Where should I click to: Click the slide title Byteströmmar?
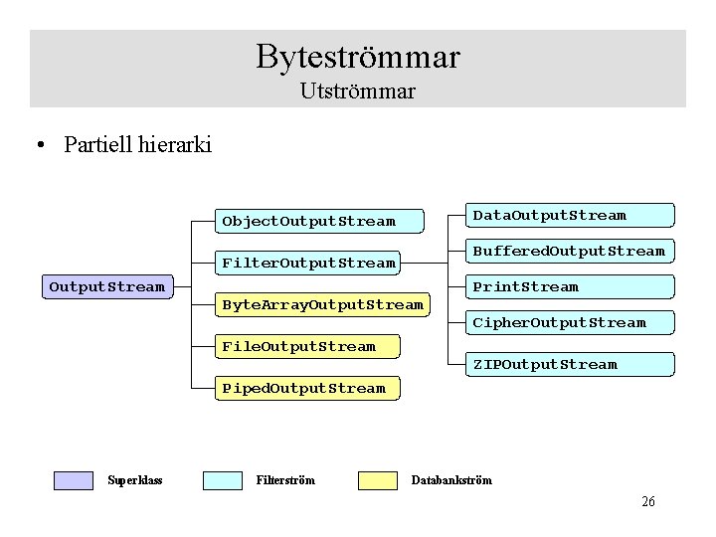358,56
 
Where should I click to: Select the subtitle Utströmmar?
358,91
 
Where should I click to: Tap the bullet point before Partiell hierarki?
39,146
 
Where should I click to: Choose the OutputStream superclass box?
107,287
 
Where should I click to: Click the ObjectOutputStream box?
308,221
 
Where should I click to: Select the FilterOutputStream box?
308,263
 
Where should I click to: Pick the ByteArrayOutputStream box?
322,304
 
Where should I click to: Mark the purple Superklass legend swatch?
73,480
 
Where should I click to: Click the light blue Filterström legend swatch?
222,480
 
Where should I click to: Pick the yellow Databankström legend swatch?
377,480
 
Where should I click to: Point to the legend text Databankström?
451,480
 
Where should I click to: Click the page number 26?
648,502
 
